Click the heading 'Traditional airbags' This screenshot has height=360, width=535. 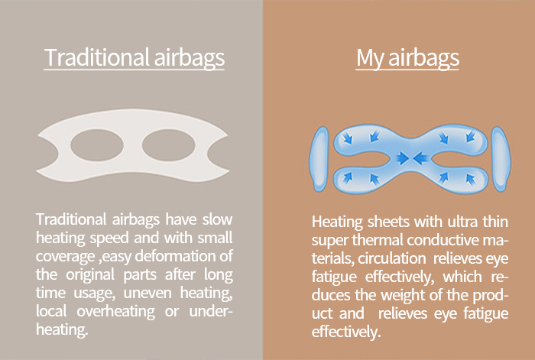coord(134,58)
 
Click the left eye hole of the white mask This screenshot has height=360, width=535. coord(97,145)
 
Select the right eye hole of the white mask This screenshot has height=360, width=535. coord(169,145)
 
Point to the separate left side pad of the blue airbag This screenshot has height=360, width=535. coord(319,159)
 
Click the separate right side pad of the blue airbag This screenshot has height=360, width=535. coord(501,159)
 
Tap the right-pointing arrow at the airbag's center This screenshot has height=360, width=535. coord(403,158)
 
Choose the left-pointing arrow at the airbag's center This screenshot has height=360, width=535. coord(420,158)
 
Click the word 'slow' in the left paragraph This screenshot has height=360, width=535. coord(217,219)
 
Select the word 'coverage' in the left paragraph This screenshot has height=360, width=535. coord(65,257)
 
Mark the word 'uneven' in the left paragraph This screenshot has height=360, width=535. coord(148,293)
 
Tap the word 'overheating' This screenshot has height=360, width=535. coord(115,312)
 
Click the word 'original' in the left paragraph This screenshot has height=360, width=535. coord(90,275)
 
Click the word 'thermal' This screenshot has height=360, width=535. coord(378,240)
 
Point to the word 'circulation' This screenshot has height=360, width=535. coord(391,258)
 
